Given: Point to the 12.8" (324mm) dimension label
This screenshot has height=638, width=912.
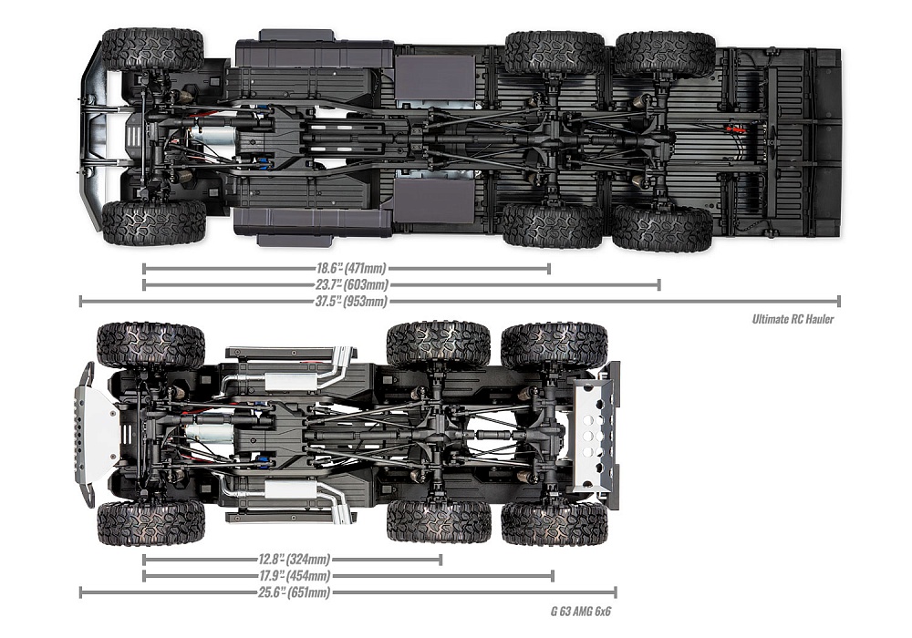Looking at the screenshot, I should (x=292, y=560).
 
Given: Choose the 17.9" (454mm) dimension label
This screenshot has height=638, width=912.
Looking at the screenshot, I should (x=292, y=576).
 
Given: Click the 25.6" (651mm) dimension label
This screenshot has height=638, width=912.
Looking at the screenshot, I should (x=292, y=592).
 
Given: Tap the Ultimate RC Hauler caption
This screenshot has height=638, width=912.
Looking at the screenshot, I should (x=793, y=319).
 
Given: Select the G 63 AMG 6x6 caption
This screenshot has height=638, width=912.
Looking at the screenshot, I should (x=581, y=611).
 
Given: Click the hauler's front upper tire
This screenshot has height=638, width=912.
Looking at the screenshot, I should (x=152, y=48).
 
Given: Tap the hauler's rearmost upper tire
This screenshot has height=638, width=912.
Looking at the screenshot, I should (x=665, y=54).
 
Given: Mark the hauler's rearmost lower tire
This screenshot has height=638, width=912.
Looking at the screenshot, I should (x=663, y=228).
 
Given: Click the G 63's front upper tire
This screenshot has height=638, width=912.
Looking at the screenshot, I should (x=150, y=345).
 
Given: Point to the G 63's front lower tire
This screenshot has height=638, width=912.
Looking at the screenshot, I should (x=150, y=523).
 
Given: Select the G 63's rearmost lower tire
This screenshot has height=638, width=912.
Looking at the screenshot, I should (x=554, y=522).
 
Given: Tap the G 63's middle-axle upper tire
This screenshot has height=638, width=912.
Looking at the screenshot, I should (x=439, y=344).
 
